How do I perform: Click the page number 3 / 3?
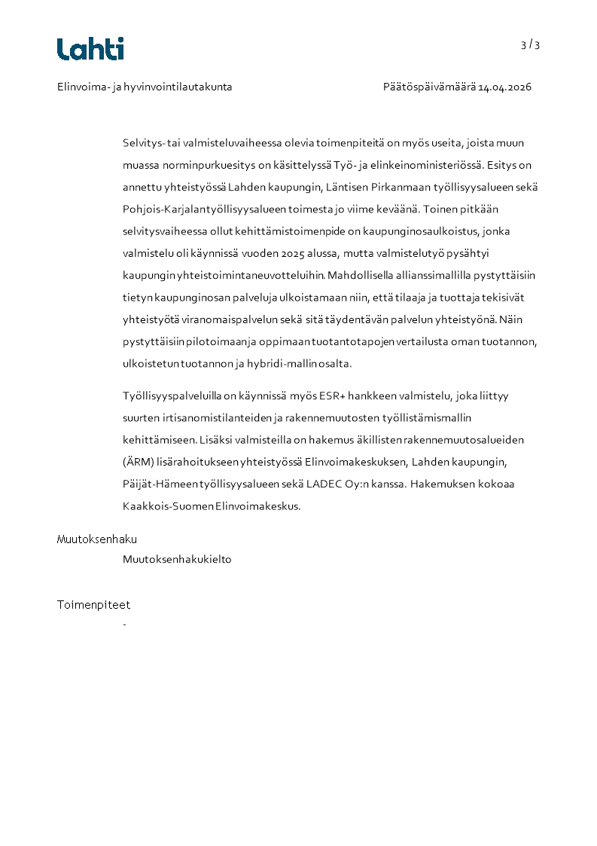(530, 45)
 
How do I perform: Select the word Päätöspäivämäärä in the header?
(429, 87)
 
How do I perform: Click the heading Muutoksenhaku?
(96, 539)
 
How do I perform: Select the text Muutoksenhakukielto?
(177, 560)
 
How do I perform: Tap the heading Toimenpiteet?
(93, 604)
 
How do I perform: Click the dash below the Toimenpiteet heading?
(124, 625)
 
